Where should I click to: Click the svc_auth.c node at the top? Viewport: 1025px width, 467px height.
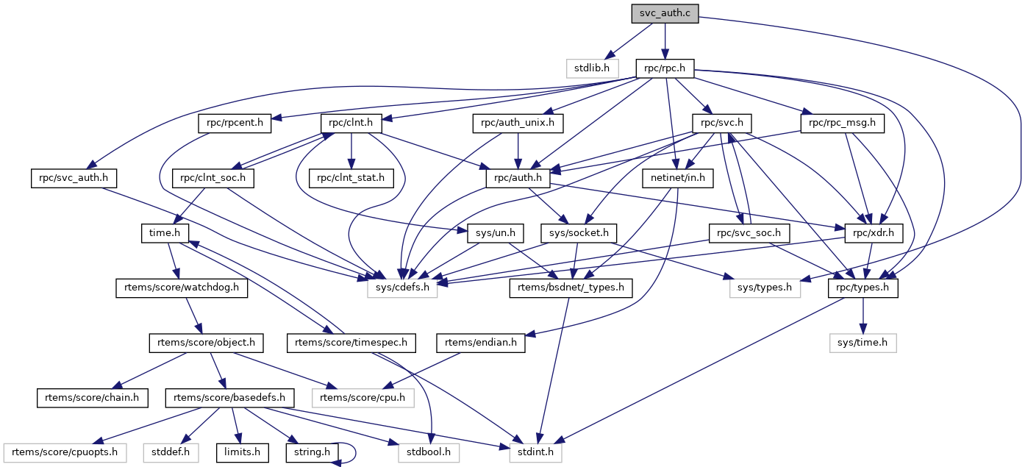click(x=665, y=13)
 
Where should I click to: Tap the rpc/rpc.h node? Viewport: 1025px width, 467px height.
click(x=665, y=68)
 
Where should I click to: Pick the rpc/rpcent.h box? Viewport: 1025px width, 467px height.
click(x=235, y=123)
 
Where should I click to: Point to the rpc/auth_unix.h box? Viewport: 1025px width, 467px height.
click(x=518, y=123)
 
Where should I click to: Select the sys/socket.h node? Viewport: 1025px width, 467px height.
click(x=579, y=232)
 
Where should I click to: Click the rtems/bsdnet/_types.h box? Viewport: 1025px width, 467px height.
click(x=571, y=288)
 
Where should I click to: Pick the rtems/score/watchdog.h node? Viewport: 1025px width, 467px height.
click(x=182, y=288)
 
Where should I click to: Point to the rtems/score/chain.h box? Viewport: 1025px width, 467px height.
click(x=93, y=397)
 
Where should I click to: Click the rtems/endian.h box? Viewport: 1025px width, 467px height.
click(x=481, y=342)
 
